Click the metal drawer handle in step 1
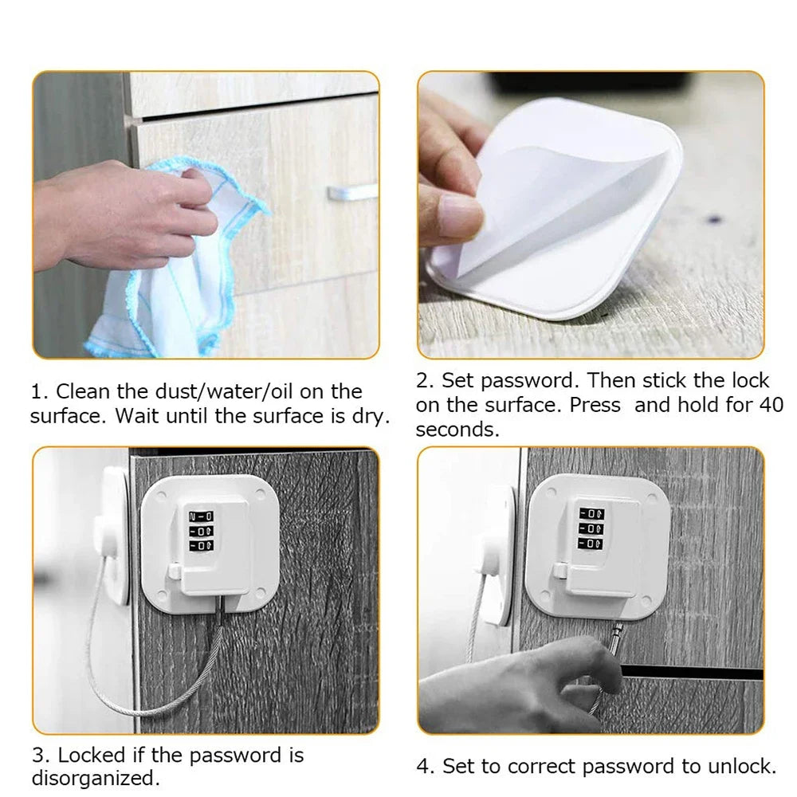351,192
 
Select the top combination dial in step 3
201,515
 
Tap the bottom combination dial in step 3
201,545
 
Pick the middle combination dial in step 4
591,528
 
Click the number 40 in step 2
771,405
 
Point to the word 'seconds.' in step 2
457,430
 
